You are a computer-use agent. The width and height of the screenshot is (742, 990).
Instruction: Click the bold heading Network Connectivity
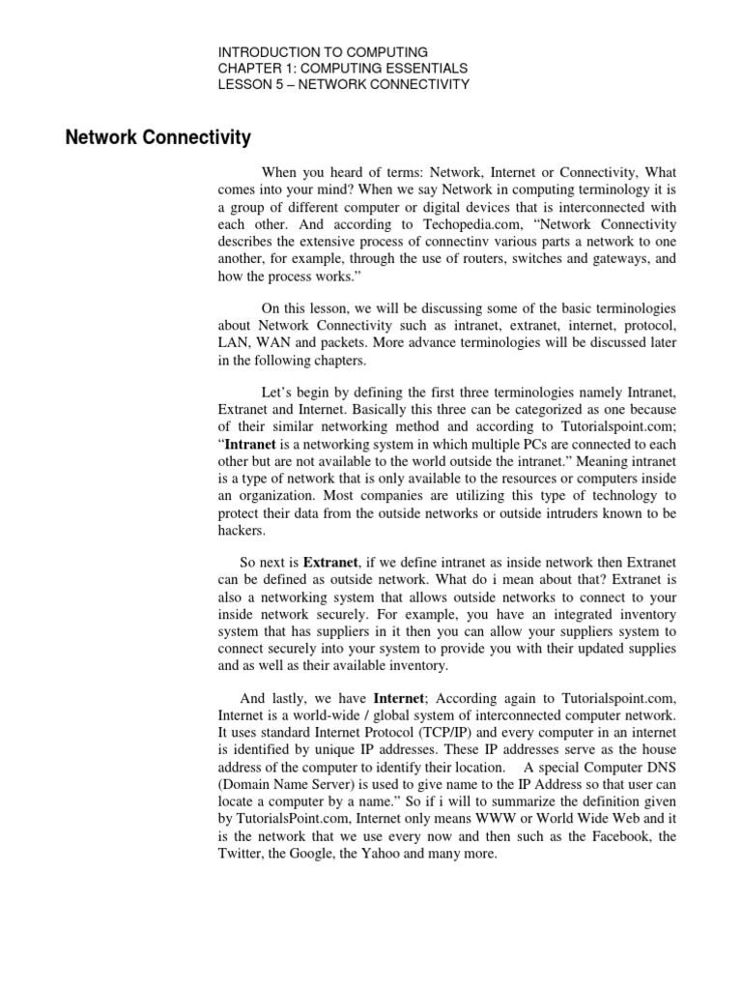157,138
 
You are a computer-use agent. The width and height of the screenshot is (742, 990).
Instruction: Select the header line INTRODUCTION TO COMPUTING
323,51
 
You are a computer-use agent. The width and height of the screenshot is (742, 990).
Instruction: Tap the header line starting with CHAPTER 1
343,68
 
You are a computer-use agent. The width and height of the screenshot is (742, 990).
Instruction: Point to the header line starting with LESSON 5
343,84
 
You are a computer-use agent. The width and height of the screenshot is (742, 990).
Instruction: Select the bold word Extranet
333,562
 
